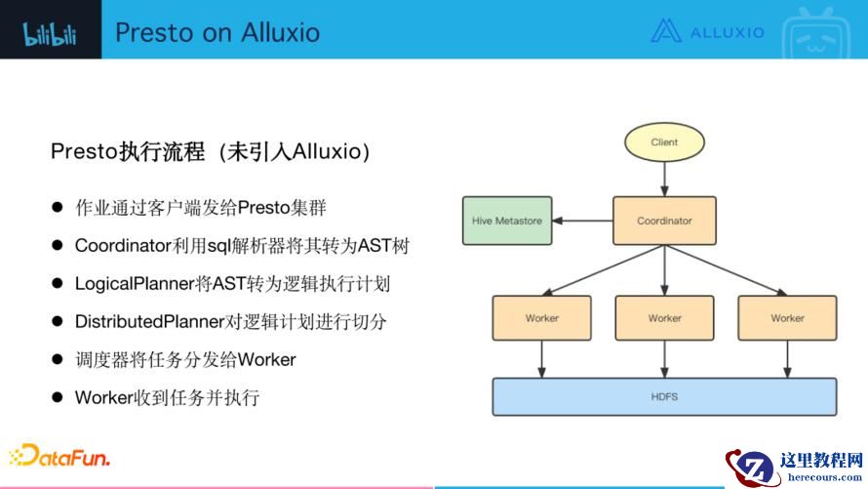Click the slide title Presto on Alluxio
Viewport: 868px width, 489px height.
217,32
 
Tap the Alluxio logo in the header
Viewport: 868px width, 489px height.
707,31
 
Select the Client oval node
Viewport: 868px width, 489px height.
664,143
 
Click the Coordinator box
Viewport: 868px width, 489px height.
664,221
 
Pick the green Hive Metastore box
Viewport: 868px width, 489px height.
506,221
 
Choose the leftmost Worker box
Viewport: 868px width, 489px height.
541,318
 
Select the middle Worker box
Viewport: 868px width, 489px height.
664,318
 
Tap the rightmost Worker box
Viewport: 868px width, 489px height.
787,318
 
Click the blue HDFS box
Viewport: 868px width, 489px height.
664,396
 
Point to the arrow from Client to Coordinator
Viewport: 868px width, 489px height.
664,179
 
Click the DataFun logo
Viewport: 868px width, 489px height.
59,457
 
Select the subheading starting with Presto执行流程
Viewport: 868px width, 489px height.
211,152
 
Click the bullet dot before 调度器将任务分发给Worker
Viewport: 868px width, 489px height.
59,359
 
